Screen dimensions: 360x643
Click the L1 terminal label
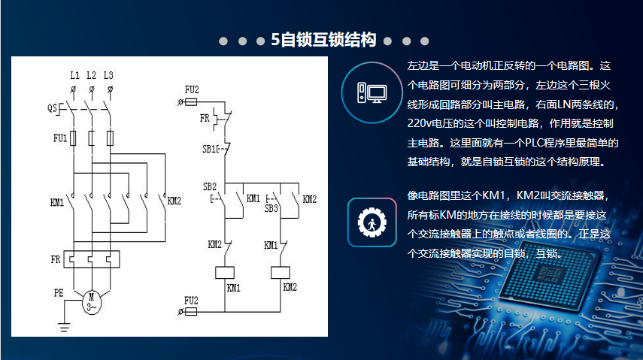coord(74,76)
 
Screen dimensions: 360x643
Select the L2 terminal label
coord(91,76)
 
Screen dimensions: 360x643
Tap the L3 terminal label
coord(109,76)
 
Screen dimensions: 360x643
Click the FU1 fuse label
coord(60,138)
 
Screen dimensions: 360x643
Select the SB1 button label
coord(209,150)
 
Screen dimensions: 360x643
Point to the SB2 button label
coord(209,186)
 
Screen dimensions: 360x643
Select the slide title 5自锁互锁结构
coord(323,41)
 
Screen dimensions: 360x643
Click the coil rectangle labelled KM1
coord(226,273)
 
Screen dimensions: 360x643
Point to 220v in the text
coord(421,123)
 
